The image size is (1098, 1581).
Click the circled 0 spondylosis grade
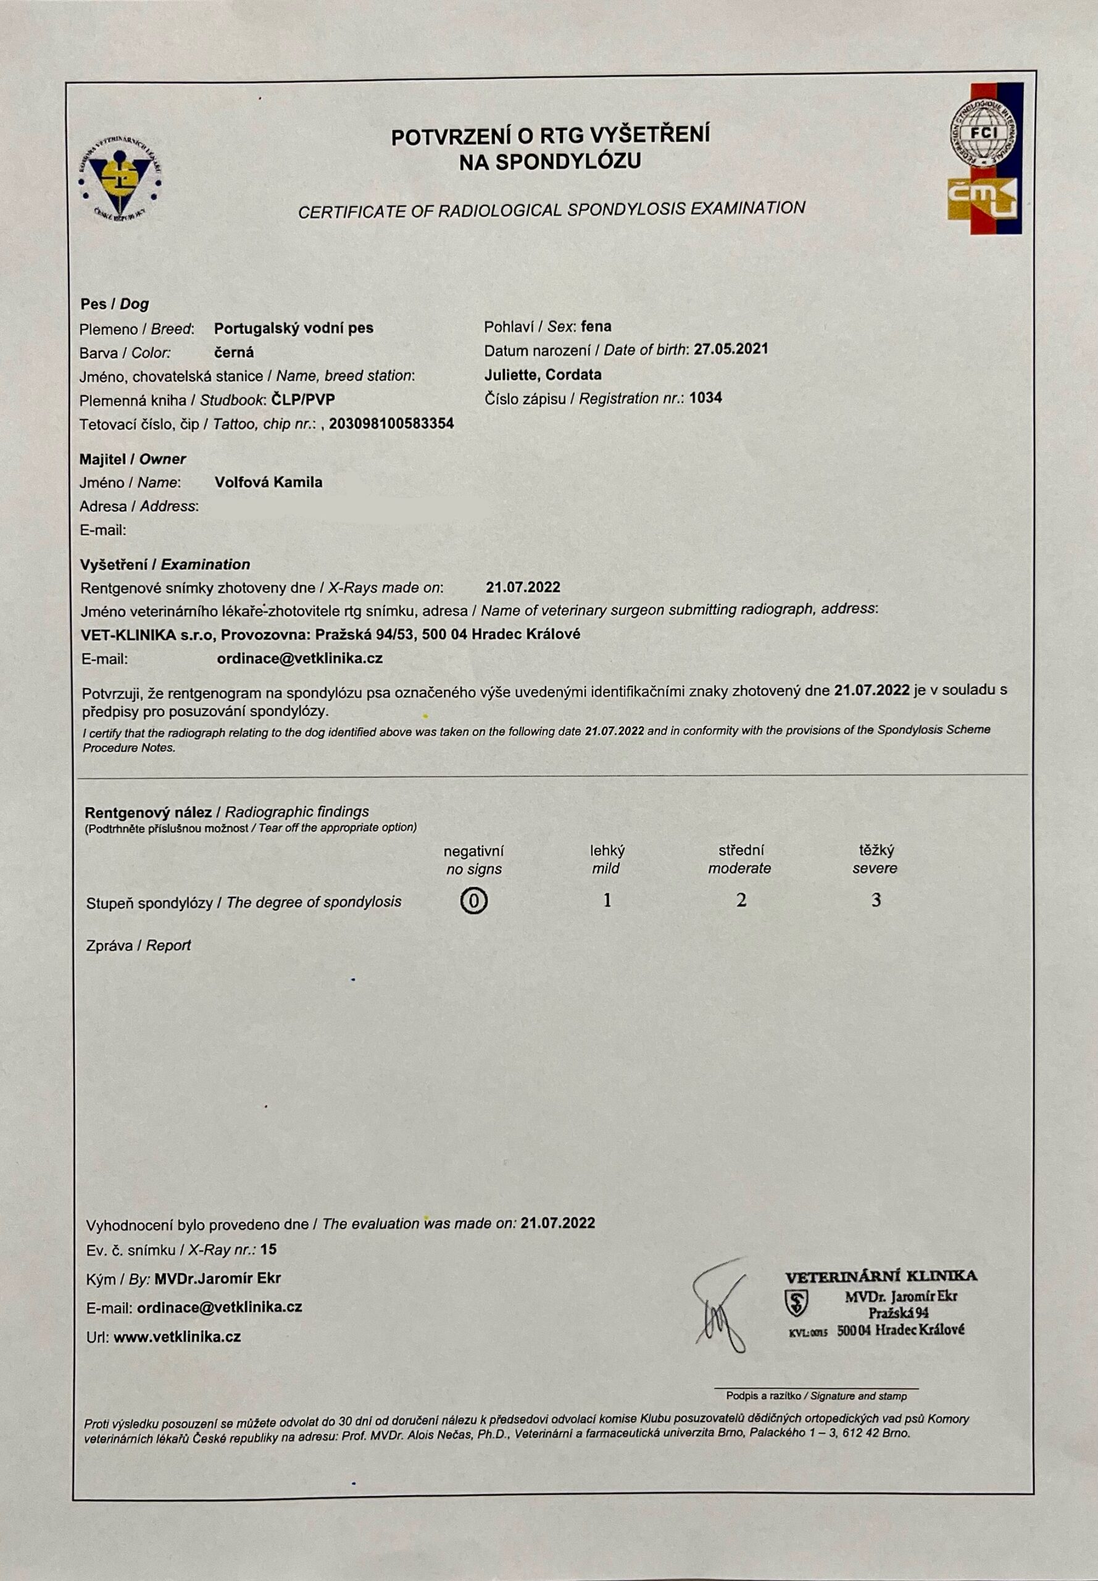tap(473, 901)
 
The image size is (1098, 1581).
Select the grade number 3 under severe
tap(876, 900)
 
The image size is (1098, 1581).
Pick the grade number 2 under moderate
tap(741, 900)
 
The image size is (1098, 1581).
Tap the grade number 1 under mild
tap(607, 900)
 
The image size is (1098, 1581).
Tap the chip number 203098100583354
tap(391, 423)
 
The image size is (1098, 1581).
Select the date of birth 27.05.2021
tap(731, 349)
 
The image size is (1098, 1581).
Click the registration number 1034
tap(705, 397)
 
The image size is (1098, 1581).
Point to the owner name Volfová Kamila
tap(268, 482)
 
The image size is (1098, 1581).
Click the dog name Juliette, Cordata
tap(543, 374)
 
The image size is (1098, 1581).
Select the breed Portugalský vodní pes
tap(294, 329)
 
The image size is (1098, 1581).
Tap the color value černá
tap(234, 353)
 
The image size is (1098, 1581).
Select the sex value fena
tap(596, 326)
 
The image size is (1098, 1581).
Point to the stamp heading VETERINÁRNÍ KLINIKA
tap(881, 1277)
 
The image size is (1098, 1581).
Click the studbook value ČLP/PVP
tap(304, 399)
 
